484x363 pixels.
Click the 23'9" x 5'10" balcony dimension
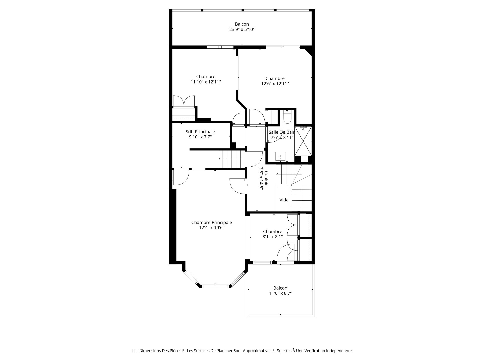[242, 29]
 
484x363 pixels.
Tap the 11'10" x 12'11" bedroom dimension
[206, 82]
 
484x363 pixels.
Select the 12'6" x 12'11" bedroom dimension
[275, 84]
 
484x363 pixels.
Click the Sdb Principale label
[200, 132]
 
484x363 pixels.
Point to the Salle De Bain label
[282, 132]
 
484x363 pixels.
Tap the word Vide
[284, 200]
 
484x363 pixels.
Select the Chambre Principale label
[211, 222]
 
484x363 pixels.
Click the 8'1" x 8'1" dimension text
[273, 237]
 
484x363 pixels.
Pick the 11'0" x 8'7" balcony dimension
[280, 293]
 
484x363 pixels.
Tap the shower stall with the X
[303, 141]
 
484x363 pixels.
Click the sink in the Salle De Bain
[281, 157]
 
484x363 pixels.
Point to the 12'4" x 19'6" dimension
[211, 228]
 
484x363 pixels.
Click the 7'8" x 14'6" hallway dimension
[261, 179]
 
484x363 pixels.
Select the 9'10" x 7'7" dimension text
[200, 137]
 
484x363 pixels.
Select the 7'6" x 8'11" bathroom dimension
[282, 138]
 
